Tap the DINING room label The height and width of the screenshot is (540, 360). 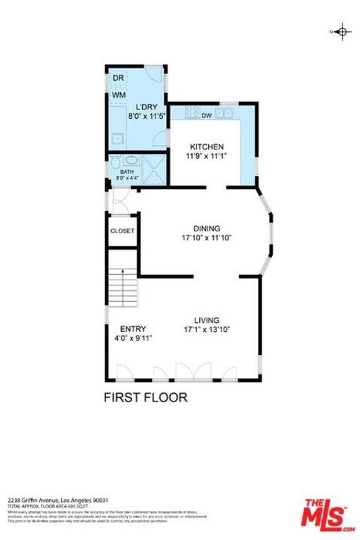pos(207,228)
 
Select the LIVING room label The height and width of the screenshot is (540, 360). pos(207,320)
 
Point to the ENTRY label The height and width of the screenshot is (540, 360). pos(133,328)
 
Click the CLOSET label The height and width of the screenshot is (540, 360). pos(122,231)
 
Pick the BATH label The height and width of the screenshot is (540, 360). pos(127,172)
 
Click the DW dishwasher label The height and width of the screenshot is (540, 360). pos(207,115)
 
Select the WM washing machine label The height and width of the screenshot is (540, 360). pos(119,95)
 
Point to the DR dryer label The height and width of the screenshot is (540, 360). pos(118,78)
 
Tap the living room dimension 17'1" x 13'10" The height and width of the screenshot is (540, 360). pos(207,329)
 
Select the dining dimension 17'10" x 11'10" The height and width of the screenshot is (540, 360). pos(207,238)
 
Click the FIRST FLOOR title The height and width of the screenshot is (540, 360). pos(146,397)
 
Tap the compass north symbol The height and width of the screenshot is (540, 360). pos(342,32)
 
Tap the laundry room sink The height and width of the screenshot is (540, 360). pos(117,137)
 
